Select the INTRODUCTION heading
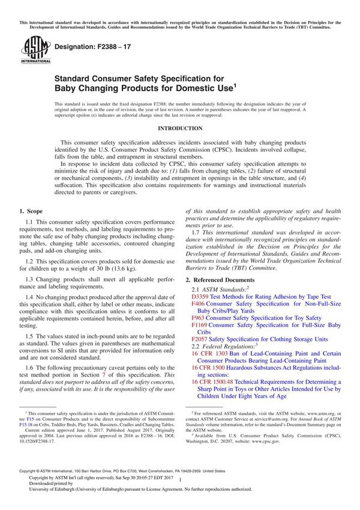[179, 128]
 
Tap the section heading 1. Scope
[31, 211]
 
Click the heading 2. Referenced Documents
[220, 280]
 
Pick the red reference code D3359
[200, 296]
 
